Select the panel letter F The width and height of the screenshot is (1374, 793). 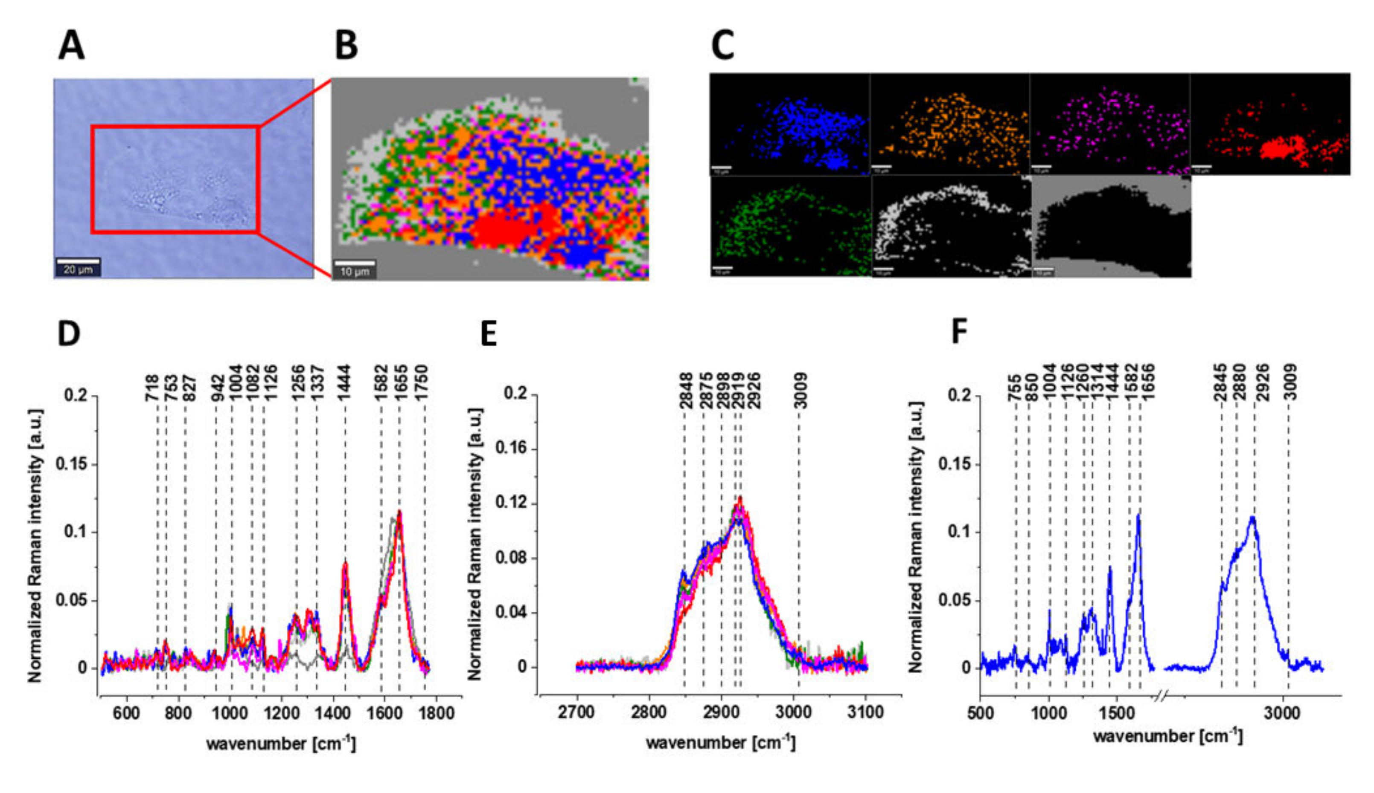coord(959,332)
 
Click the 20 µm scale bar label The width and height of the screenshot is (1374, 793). coord(78,269)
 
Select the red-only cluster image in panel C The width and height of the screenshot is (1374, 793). coord(1270,124)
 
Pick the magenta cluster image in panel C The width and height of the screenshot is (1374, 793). coord(1110,124)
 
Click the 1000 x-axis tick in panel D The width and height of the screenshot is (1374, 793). coord(230,713)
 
